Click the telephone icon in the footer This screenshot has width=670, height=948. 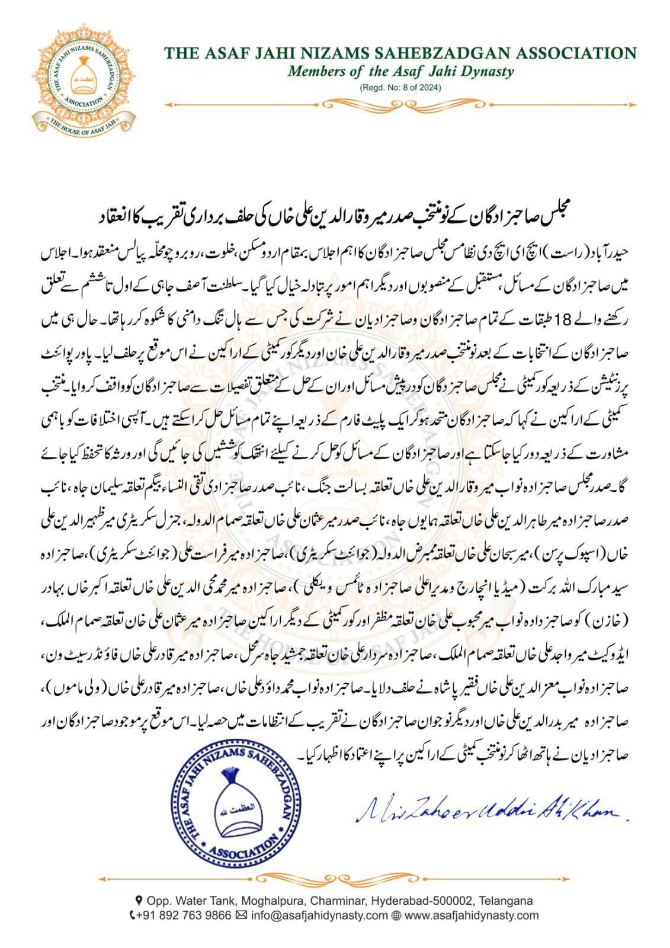coord(133,915)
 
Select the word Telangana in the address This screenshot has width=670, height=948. coord(508,901)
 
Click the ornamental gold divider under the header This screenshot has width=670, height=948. coord(400,104)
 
